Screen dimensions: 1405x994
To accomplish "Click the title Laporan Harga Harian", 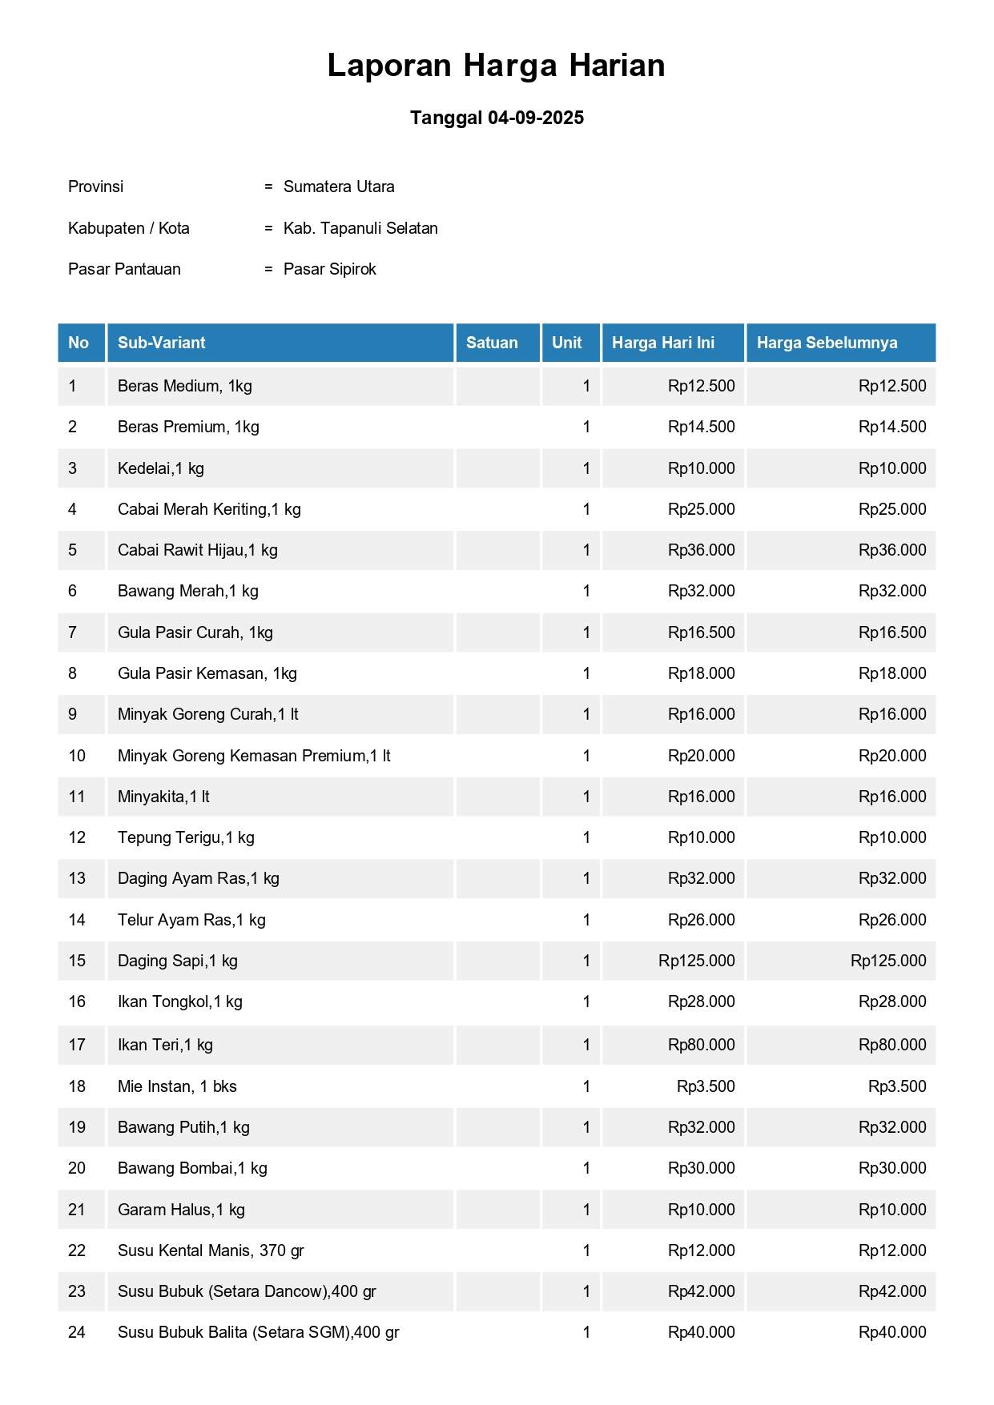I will point(496,66).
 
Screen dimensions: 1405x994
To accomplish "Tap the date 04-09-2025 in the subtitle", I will point(535,118).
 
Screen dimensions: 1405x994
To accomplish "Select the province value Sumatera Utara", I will point(339,187).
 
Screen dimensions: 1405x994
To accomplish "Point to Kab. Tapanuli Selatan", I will point(360,228).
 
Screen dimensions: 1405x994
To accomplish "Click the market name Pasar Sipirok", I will point(329,269).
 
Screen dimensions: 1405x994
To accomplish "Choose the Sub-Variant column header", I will point(161,343).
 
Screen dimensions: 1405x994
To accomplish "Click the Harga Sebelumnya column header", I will point(827,343).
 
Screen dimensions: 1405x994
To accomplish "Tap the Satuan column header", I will point(492,343).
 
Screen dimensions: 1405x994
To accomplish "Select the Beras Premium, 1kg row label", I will point(188,427).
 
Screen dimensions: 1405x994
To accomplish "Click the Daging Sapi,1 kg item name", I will point(178,961).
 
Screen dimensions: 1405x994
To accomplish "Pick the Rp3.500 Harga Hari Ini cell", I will point(706,1086).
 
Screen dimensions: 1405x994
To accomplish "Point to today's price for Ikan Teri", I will point(701,1045).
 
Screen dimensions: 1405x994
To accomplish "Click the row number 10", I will point(77,756).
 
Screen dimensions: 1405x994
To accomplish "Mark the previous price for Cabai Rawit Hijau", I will point(892,550).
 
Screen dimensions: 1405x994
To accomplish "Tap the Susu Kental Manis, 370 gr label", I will point(211,1250).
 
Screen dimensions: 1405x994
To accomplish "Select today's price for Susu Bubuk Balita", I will point(701,1332).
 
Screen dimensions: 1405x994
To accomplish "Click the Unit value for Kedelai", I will point(586,468).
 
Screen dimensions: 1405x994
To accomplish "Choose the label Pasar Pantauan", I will point(124,269).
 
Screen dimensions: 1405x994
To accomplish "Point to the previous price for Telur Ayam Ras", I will point(892,920).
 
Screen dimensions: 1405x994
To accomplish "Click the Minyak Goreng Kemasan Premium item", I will point(254,756).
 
